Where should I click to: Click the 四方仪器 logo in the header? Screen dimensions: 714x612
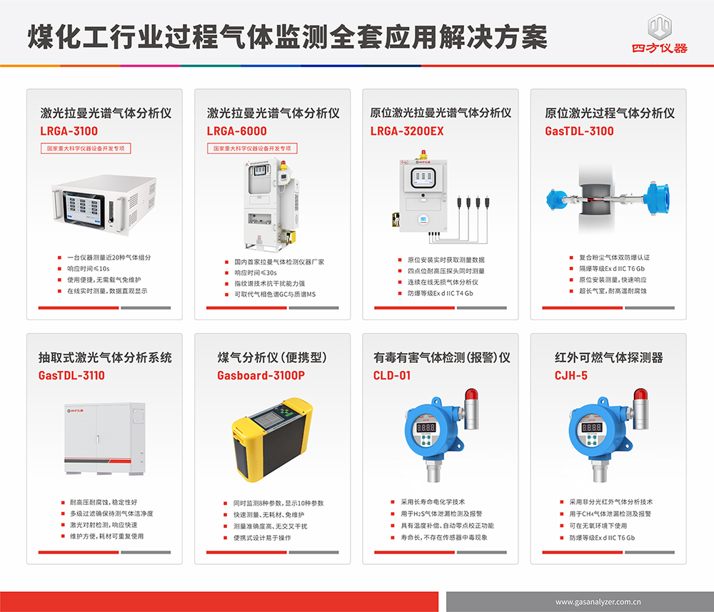coord(659,34)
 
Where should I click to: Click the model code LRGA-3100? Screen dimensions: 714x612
coord(69,131)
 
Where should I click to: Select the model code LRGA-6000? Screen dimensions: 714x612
coord(237,131)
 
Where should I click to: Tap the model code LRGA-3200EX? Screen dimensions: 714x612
coord(407,131)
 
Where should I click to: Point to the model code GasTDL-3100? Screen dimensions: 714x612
coord(579,131)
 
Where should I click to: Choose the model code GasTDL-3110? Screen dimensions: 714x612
coord(71,375)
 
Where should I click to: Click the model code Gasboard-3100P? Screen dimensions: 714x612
coord(261,375)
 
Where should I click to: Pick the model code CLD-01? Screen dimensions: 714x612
coord(392,375)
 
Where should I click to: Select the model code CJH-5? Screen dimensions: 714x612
coord(571,375)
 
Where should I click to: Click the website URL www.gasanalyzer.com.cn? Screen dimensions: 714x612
coord(598,602)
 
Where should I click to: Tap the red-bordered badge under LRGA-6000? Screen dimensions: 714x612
coord(252,148)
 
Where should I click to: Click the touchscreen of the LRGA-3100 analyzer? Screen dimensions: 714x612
coord(84,209)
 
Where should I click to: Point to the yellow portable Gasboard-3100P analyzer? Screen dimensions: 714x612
coord(272,439)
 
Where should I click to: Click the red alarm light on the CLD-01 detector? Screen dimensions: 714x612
coord(471,394)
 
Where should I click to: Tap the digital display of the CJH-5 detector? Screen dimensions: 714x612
coord(591,427)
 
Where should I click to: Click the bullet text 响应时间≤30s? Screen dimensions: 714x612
coord(256,272)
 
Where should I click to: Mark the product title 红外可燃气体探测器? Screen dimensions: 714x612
coord(609,357)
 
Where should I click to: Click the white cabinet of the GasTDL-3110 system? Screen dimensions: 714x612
coord(105,439)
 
